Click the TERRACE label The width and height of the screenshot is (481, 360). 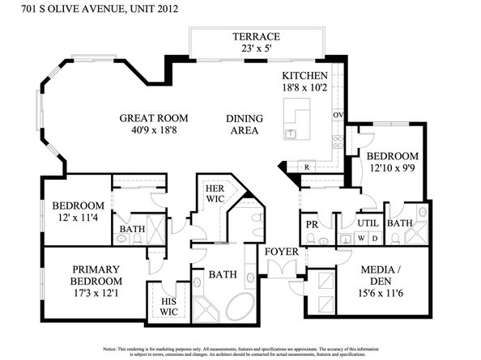[256, 36]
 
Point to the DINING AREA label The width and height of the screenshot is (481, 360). [242, 124]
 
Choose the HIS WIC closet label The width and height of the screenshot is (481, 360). [169, 307]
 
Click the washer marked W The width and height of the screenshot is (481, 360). [359, 238]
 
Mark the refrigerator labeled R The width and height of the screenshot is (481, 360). [307, 167]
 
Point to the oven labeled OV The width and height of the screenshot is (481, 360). [338, 116]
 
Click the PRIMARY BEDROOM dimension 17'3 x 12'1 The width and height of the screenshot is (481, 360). [96, 282]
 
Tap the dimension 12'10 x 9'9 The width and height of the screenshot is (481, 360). [392, 168]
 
